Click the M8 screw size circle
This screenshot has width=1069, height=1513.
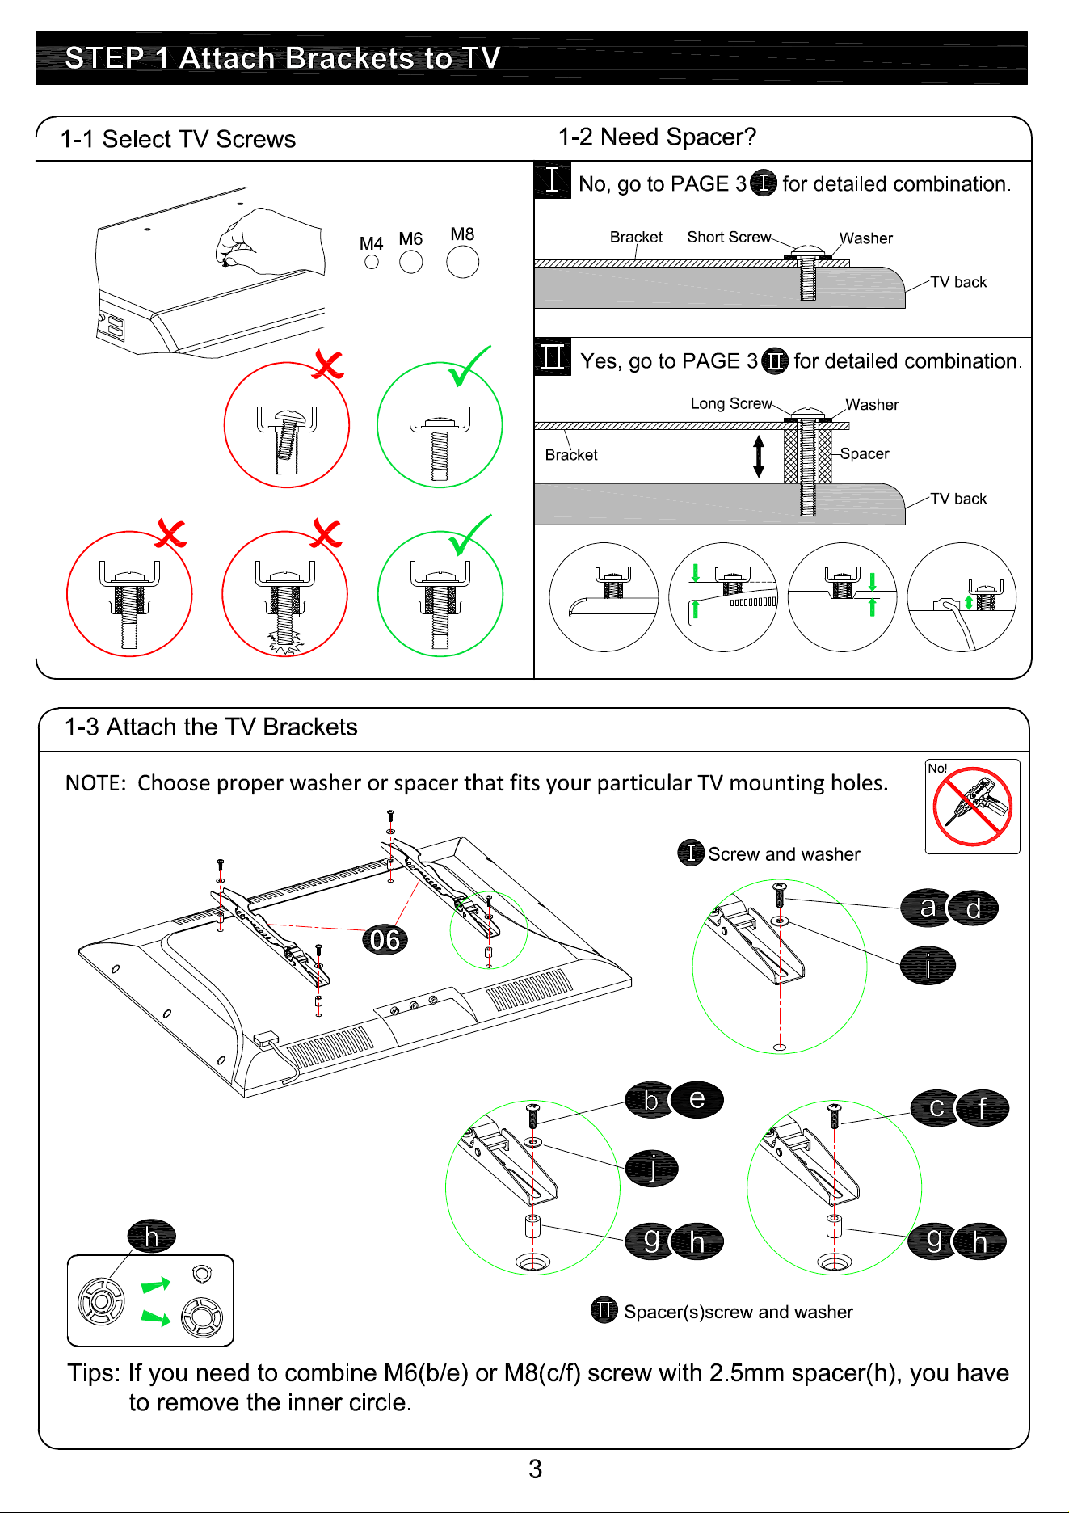click(462, 262)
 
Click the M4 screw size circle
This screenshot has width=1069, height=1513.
click(372, 262)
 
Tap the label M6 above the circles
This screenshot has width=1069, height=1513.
click(410, 239)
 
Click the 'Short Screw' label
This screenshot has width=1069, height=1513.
click(729, 237)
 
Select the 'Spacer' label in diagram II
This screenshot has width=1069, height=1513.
click(865, 453)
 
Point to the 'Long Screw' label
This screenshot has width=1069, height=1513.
click(731, 403)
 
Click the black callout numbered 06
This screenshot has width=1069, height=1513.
click(385, 939)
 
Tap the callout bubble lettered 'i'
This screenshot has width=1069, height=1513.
click(928, 966)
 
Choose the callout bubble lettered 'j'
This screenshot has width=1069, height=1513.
click(651, 1168)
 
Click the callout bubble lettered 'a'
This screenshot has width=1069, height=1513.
click(927, 908)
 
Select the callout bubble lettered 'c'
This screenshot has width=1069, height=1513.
click(936, 1107)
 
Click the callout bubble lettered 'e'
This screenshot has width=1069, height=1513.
click(697, 1099)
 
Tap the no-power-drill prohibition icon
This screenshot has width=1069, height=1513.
click(972, 807)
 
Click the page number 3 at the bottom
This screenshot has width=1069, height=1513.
click(535, 1469)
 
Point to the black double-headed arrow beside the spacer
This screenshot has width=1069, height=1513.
click(759, 456)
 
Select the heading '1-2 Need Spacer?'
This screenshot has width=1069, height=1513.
click(657, 137)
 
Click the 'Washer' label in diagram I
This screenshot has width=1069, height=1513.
click(866, 238)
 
